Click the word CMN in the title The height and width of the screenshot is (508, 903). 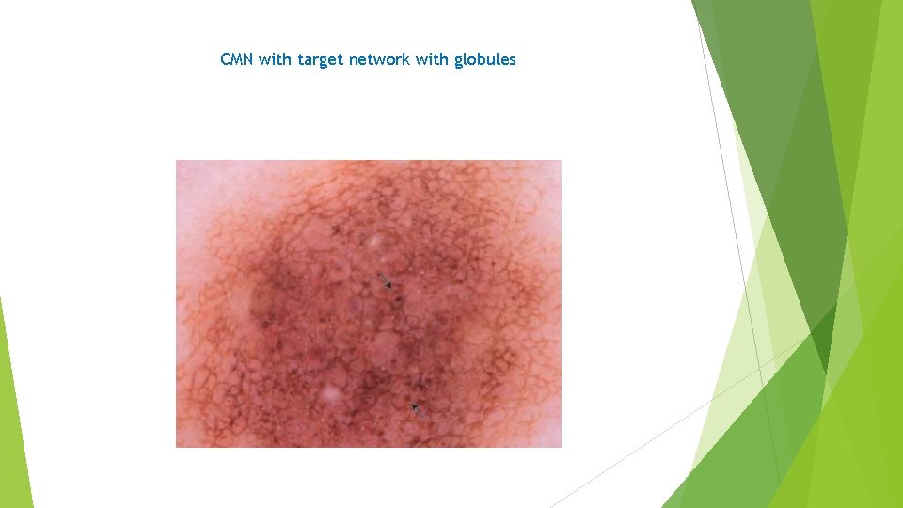[x=237, y=59]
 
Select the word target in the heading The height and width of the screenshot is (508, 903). [x=321, y=60]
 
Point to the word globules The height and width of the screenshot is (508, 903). [x=485, y=59]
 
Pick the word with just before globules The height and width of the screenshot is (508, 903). [x=432, y=59]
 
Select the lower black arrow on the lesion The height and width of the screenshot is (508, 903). [x=417, y=409]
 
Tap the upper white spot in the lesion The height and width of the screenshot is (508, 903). [x=377, y=243]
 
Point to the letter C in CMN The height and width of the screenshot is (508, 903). [x=226, y=59]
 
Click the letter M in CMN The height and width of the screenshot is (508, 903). [x=237, y=59]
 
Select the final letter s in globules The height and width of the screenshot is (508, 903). [x=513, y=59]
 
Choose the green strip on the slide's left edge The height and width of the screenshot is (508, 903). [x=13, y=414]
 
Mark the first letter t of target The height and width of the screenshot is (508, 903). [x=300, y=59]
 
